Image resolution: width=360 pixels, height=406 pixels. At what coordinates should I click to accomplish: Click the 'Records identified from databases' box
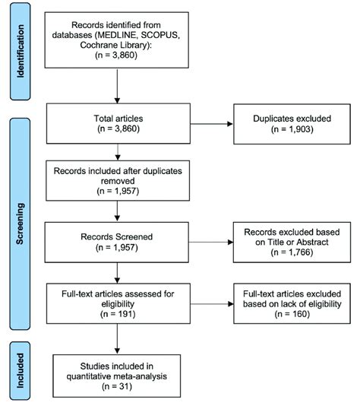(x=117, y=37)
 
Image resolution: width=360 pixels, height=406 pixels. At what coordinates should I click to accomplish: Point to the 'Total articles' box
(x=117, y=125)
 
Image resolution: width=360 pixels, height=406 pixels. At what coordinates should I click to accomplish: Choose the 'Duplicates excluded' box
(x=283, y=125)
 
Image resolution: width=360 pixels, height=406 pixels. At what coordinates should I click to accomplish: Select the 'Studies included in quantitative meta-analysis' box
(x=117, y=372)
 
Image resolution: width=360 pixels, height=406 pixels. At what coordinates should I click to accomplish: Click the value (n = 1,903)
(x=283, y=131)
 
